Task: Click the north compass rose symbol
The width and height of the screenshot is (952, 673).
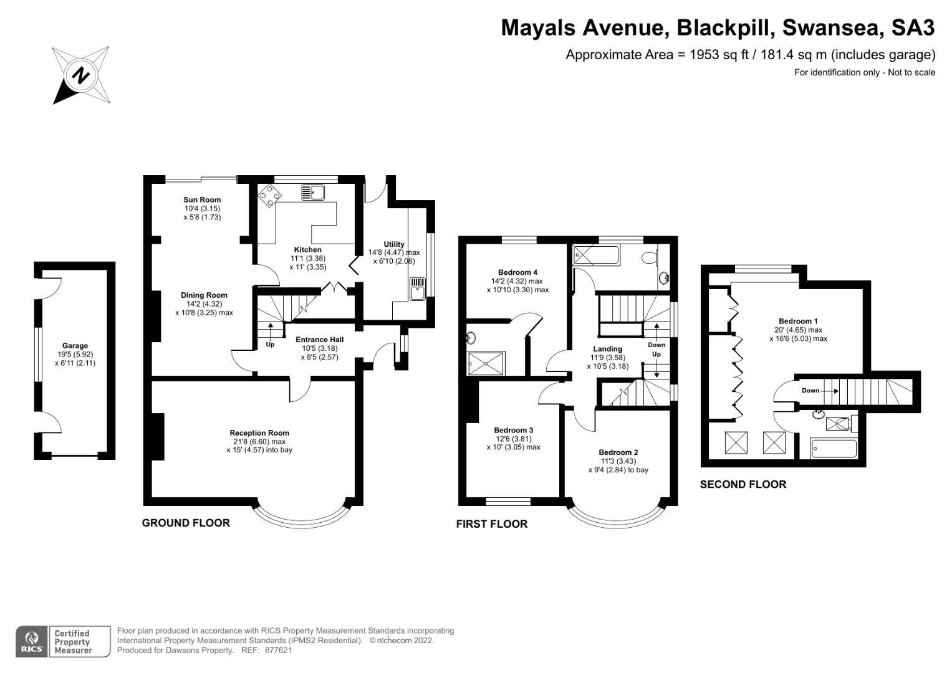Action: click(x=80, y=75)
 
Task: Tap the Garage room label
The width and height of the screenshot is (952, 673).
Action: click(x=75, y=346)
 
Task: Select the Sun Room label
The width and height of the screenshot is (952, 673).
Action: click(x=202, y=200)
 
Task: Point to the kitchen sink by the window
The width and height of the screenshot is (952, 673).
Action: click(x=312, y=192)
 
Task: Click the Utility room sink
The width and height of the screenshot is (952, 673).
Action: click(x=417, y=289)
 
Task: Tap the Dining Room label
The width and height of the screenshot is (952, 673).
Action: click(x=204, y=295)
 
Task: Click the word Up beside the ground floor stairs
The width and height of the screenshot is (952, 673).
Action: click(x=270, y=345)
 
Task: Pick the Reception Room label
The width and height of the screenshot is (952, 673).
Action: click(x=259, y=433)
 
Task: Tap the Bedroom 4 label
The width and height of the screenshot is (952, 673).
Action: click(x=517, y=272)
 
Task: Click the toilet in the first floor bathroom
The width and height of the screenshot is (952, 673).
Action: click(x=649, y=255)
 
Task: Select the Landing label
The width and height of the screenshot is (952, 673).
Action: click(x=607, y=349)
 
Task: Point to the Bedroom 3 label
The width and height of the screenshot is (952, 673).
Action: click(x=513, y=430)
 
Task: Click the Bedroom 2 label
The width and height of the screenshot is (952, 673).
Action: click(x=618, y=452)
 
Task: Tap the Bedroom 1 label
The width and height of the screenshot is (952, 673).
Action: click(x=798, y=322)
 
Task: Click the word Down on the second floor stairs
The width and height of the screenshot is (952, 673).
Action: click(x=810, y=391)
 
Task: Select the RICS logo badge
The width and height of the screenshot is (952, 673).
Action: click(x=31, y=642)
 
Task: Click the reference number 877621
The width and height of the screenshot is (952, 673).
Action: click(x=278, y=651)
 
